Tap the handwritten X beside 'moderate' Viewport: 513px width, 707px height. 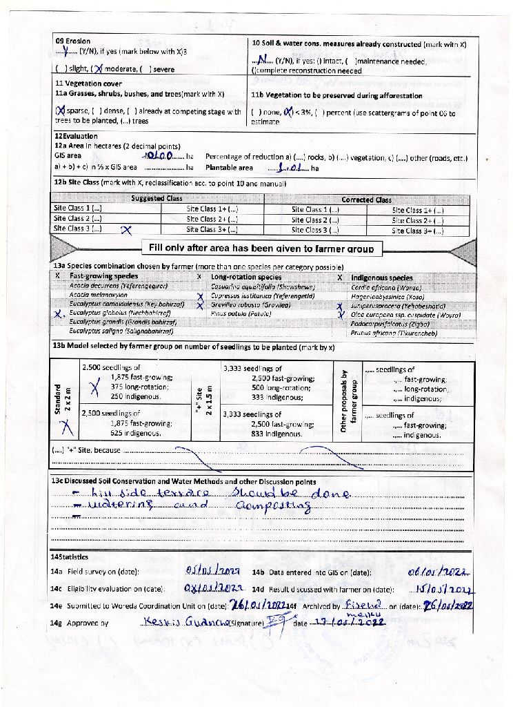tap(99, 68)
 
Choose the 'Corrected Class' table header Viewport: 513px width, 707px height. tap(366, 199)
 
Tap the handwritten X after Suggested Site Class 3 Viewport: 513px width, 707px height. tap(126, 231)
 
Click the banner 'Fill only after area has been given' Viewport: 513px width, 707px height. tap(261, 248)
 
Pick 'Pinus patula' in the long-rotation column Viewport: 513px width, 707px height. tap(232, 313)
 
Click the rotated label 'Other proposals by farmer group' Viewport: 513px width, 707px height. tap(348, 400)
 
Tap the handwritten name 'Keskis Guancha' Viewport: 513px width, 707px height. tap(178, 622)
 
